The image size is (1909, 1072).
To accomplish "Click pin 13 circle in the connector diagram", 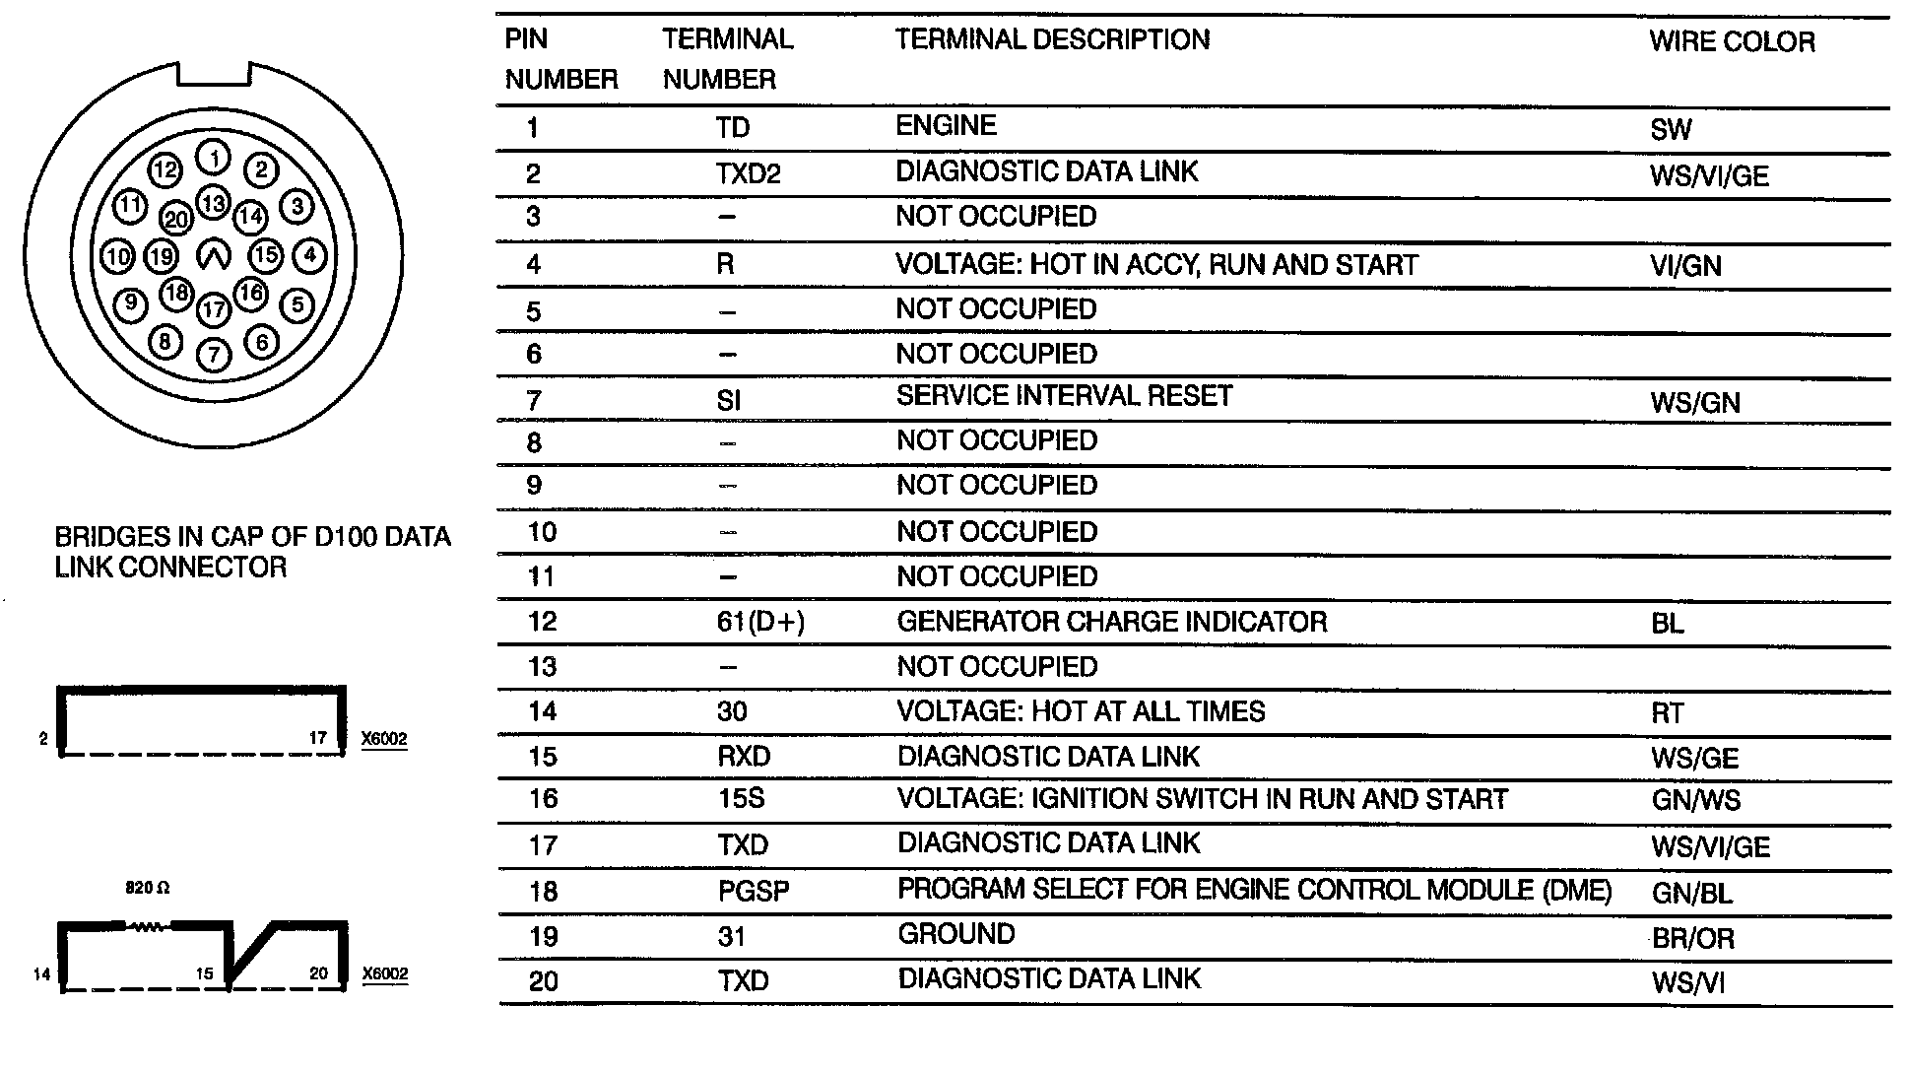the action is pos(213,203).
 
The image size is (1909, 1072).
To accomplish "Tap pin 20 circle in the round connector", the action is pos(177,219).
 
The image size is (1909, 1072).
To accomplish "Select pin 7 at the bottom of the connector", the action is pos(214,354).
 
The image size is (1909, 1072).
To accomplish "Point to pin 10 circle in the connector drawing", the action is pos(117,257).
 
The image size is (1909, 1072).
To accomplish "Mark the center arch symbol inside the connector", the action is pos(214,256).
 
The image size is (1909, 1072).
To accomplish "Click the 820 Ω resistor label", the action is pos(147,888).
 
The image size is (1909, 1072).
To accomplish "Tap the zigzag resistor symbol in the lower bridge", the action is pos(147,926).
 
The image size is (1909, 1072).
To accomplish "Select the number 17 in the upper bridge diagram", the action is pos(318,737).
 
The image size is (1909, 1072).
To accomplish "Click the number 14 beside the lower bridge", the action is pos(41,974).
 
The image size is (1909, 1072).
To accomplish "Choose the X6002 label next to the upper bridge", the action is pos(384,739).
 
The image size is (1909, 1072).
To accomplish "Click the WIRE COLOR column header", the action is pos(1732,41).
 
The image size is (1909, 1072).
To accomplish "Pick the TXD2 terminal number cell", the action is pos(748,173).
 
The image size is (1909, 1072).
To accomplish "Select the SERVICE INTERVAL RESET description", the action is pos(1064,396).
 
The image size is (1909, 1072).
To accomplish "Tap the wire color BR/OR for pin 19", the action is pos(1692,938).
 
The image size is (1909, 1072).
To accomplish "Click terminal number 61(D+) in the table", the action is pos(760,622).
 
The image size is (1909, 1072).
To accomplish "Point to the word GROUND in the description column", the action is pos(955,934).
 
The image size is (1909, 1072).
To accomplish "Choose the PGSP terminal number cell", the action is pos(754,892).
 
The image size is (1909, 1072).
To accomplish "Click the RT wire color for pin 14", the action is pos(1668,712).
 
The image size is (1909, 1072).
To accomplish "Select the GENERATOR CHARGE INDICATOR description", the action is pos(1111,622).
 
